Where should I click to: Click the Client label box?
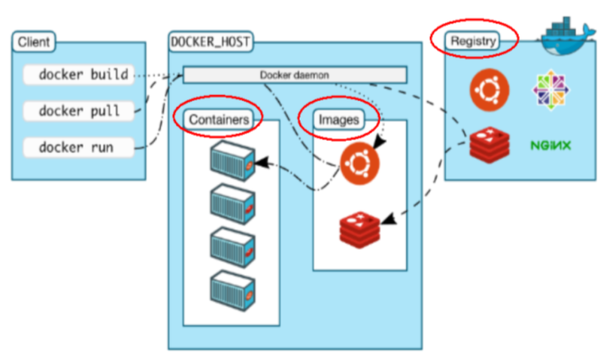coord(34,42)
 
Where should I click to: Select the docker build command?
coord(79,74)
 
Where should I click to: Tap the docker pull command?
coord(79,111)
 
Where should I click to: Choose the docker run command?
coord(79,148)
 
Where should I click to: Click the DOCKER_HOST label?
coord(210,42)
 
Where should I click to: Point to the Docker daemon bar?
coord(295,75)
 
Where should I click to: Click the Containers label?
coord(218,120)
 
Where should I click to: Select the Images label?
coord(339,120)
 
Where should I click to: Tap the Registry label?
coord(473,41)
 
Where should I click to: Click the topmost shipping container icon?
coord(233,161)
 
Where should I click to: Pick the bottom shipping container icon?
coord(233,291)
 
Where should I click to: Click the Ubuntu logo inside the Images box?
coord(359,163)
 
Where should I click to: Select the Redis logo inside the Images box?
coord(359,230)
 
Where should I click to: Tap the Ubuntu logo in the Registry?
coord(490,90)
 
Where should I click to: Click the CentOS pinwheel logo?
coord(551,90)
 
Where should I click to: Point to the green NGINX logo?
coord(551,146)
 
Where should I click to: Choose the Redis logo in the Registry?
coord(490,144)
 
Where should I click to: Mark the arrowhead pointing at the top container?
coord(262,162)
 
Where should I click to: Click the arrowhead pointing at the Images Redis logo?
coord(389,219)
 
